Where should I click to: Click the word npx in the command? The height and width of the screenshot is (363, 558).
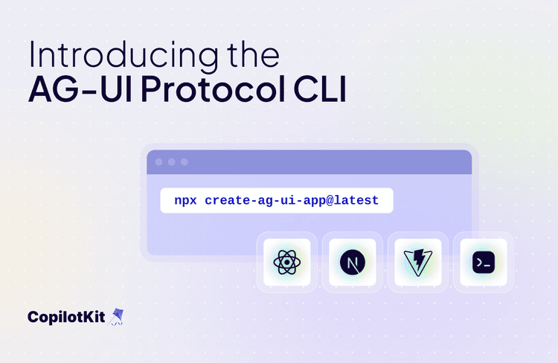pyautogui.click(x=186, y=201)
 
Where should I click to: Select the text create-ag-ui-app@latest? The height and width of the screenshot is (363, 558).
pyautogui.click(x=292, y=201)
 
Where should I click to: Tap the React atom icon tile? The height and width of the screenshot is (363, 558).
pyautogui.click(x=286, y=262)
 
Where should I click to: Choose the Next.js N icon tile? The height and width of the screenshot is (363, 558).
pyautogui.click(x=352, y=262)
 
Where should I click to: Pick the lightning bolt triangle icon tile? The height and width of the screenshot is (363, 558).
pyautogui.click(x=418, y=262)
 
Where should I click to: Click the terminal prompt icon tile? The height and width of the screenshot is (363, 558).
pyautogui.click(x=484, y=262)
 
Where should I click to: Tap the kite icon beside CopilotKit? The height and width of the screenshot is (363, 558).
pyautogui.click(x=116, y=317)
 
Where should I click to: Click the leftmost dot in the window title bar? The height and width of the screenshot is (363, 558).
pyautogui.click(x=158, y=162)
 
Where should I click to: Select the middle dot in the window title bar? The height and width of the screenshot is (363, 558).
pyautogui.click(x=171, y=162)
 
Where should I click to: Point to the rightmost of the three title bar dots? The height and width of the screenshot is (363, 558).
pyautogui.click(x=184, y=162)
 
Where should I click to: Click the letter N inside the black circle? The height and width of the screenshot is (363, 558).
pyautogui.click(x=352, y=262)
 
